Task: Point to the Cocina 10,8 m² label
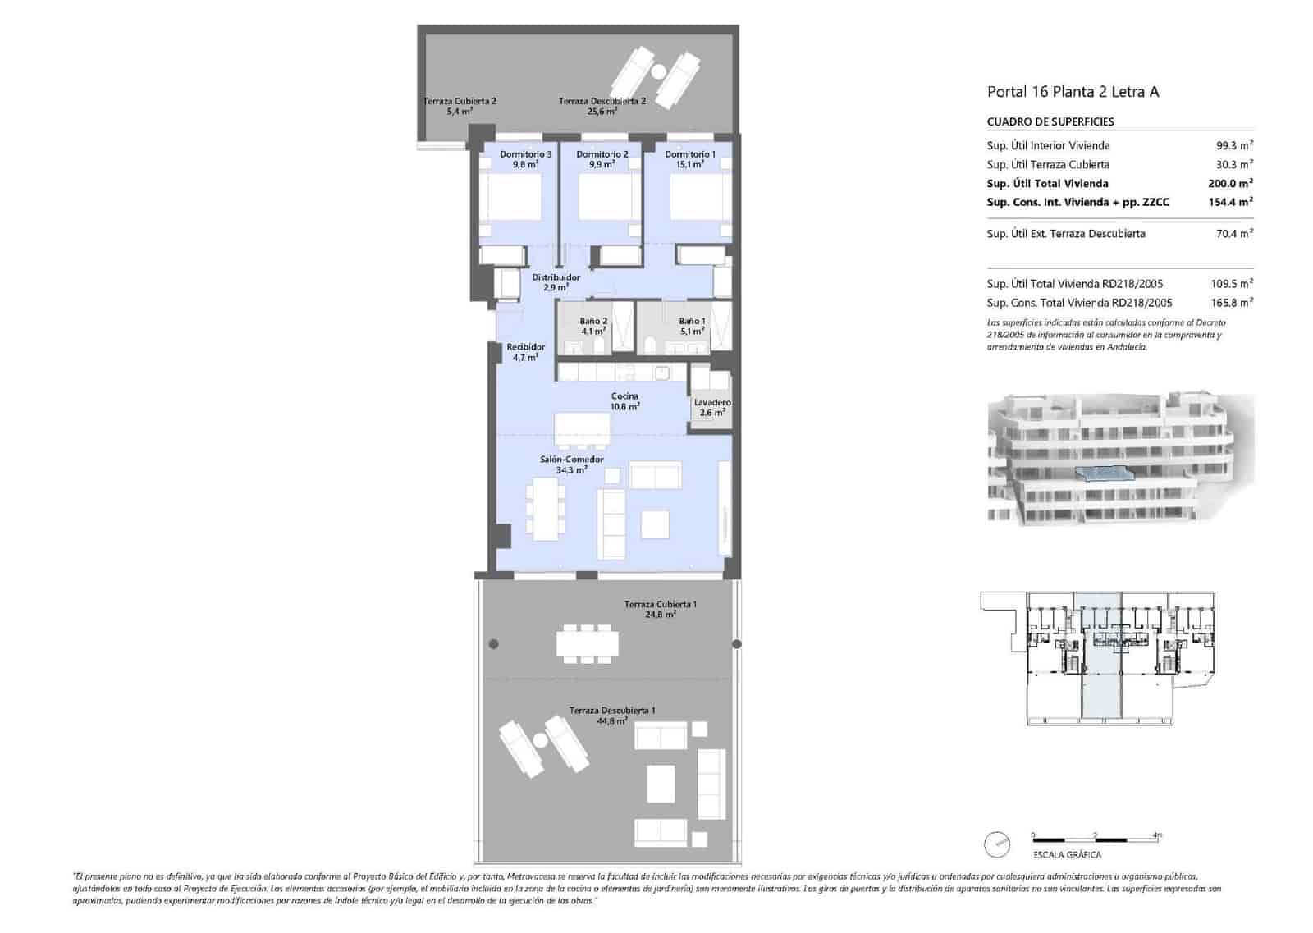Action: pos(624,400)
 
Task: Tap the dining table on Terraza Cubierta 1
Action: pos(588,643)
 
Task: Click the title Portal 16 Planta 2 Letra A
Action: pos(1073,92)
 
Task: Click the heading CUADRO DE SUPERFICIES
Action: pos(1050,121)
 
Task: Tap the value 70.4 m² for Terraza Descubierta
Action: pos(1233,234)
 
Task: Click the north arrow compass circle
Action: pos(997,844)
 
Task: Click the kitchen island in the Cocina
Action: pos(582,428)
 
